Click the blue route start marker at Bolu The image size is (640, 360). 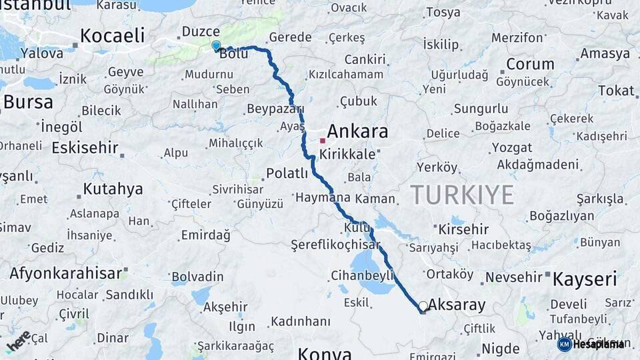point(215,45)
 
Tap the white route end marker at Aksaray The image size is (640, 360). point(423,306)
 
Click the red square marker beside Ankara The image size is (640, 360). point(323,141)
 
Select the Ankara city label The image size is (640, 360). point(357,131)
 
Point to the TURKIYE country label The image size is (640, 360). point(462,195)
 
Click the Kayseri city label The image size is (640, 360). point(585,279)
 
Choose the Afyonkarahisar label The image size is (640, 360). point(65,273)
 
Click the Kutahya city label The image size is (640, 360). point(113,189)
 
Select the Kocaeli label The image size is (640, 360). point(112,35)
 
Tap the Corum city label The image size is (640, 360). point(530,65)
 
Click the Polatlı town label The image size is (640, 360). point(287,173)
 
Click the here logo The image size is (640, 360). point(18,341)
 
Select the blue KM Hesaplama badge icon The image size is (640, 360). point(565,344)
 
